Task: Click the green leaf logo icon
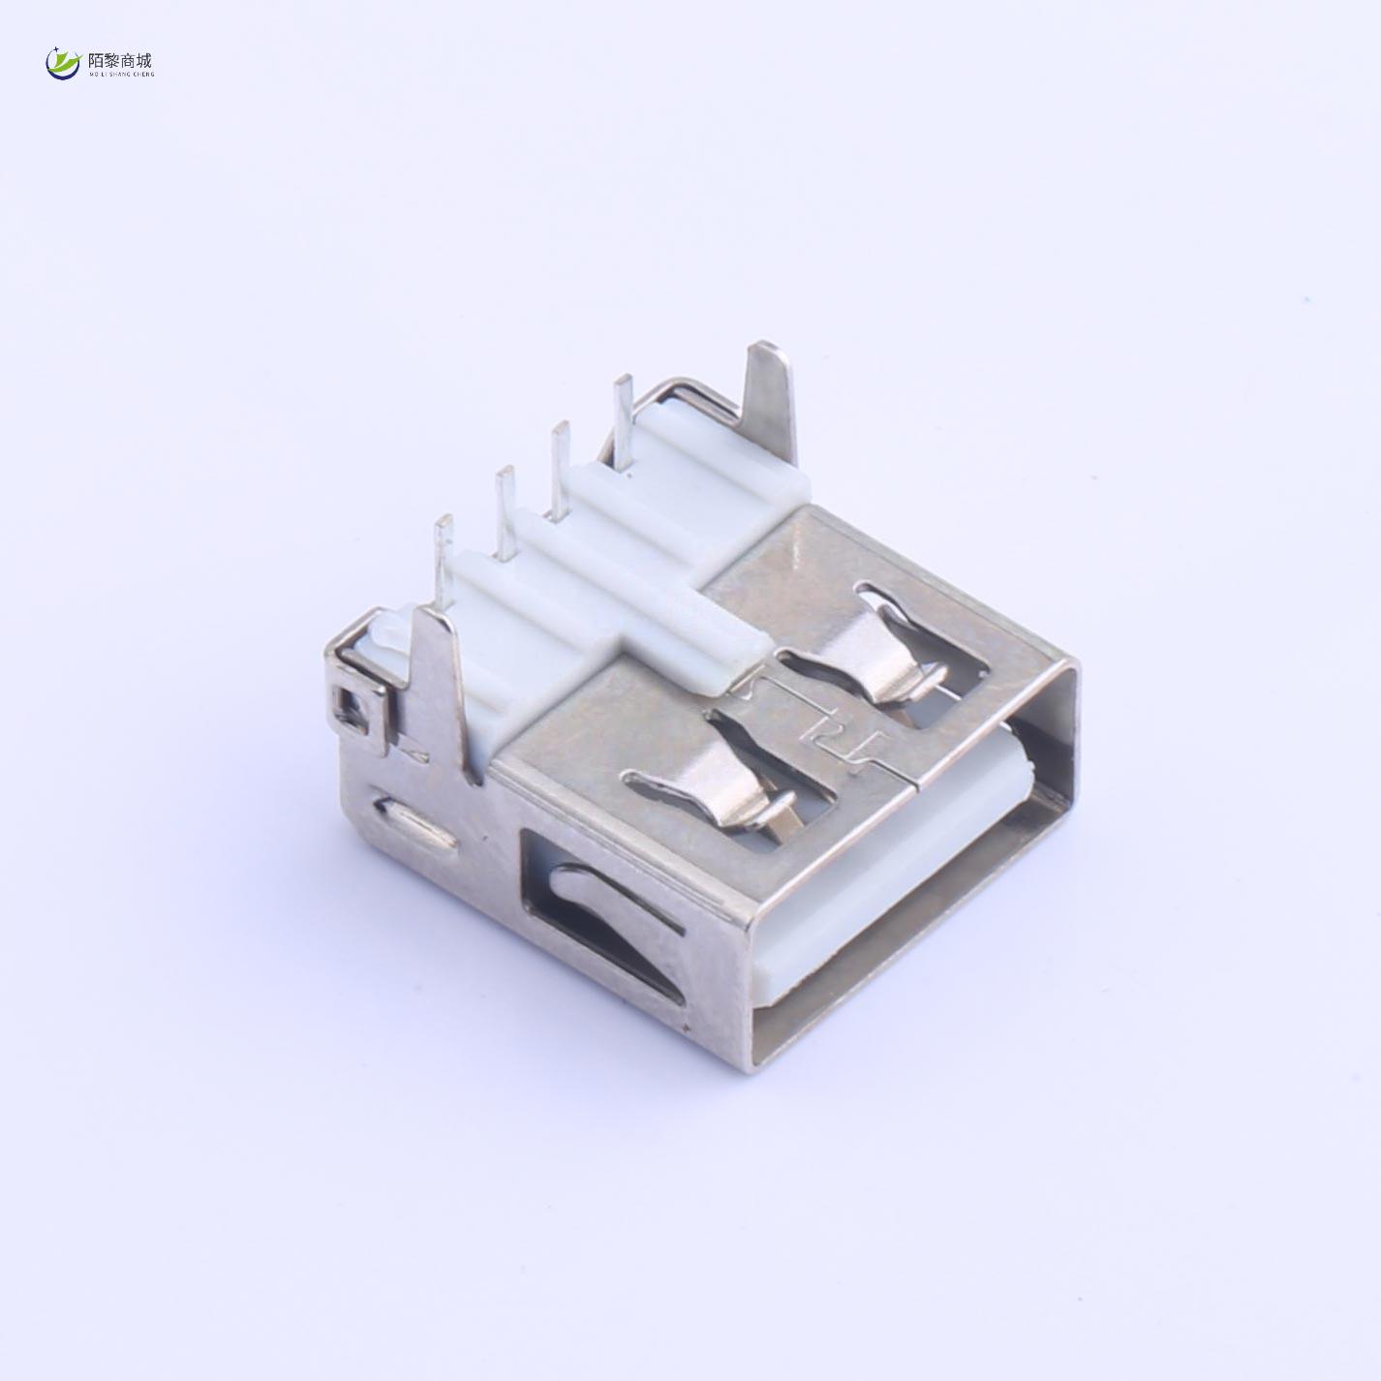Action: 63,63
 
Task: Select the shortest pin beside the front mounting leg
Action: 443,557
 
